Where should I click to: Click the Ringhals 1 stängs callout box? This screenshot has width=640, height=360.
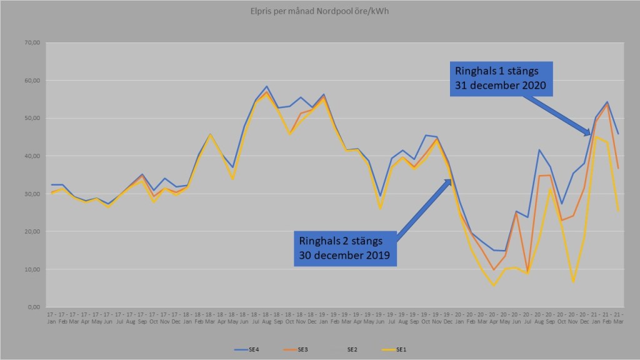coord(501,78)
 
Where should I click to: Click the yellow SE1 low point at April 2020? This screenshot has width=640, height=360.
coord(494,286)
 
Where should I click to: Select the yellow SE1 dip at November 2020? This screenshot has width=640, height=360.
coord(573,282)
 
